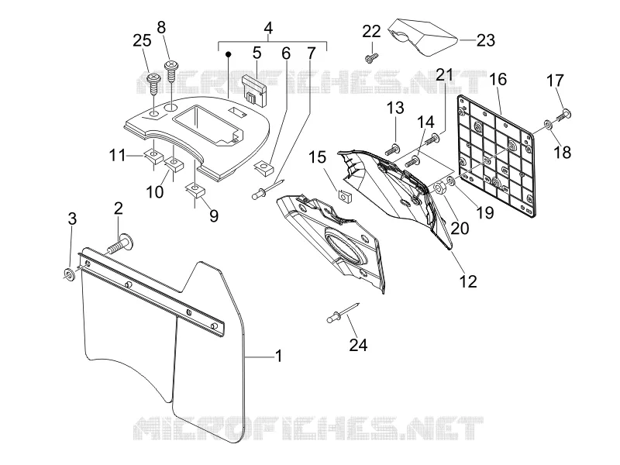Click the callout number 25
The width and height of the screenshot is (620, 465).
[142, 40]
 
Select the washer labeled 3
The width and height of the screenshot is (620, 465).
[69, 274]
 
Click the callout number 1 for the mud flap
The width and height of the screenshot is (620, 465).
[279, 356]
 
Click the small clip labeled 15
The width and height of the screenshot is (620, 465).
[345, 195]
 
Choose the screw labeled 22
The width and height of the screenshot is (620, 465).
[371, 58]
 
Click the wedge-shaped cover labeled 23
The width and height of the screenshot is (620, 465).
[422, 36]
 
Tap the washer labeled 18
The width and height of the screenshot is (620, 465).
[549, 125]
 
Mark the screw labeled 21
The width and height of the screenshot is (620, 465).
[432, 139]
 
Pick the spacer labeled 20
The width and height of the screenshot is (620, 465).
[440, 188]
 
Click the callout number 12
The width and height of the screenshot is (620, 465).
[468, 281]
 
